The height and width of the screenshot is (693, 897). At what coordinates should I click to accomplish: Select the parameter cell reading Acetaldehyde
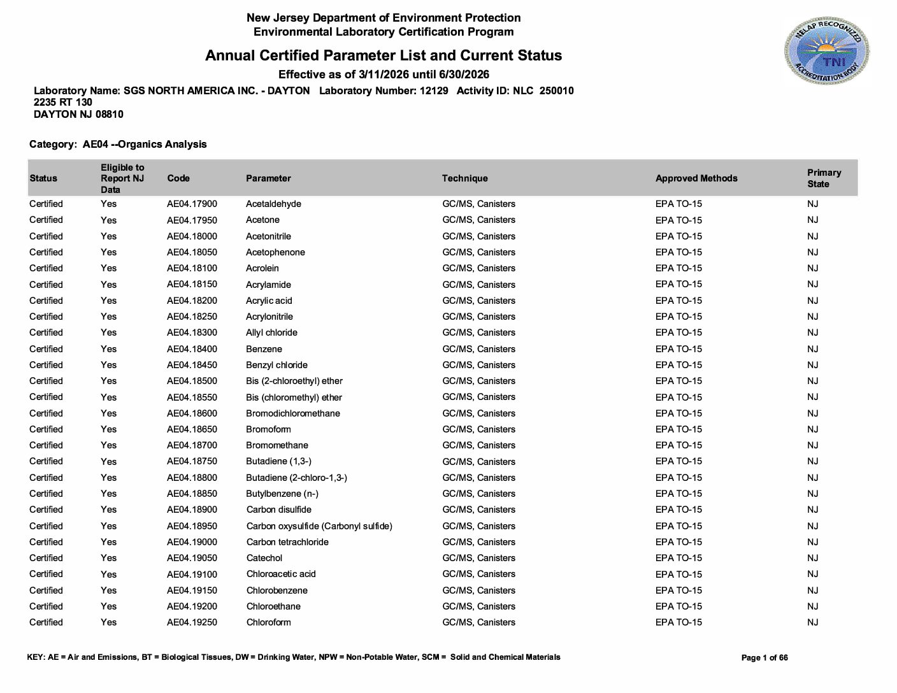coord(273,204)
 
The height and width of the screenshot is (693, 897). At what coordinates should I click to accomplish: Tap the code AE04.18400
coord(192,349)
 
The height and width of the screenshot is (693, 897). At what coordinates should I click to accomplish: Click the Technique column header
coord(464,178)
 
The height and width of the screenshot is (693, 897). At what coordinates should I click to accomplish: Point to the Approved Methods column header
coord(696,178)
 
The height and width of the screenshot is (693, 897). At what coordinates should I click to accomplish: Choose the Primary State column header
coord(824,178)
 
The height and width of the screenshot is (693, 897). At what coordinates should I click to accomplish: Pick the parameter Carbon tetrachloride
coord(287,542)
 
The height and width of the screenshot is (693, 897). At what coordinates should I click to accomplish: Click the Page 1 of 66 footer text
coord(764,658)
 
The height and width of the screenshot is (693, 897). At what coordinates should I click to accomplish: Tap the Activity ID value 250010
coord(556,91)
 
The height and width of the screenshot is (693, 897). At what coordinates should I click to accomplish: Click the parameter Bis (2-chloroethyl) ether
coord(294,381)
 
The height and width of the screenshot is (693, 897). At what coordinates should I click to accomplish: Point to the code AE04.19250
coord(192,622)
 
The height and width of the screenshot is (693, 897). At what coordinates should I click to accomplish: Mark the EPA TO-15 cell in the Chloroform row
coord(678,622)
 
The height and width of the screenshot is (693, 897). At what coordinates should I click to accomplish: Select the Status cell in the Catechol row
coord(46,558)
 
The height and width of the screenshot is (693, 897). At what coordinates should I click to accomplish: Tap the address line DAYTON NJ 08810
coord(78,115)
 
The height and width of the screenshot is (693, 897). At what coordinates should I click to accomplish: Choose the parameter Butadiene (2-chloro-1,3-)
coord(296,478)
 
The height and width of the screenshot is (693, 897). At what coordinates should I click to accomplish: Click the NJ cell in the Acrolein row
coord(812,268)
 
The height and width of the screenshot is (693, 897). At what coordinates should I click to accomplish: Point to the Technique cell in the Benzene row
coord(478,349)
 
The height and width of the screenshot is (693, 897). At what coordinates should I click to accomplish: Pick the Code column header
coord(178,178)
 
